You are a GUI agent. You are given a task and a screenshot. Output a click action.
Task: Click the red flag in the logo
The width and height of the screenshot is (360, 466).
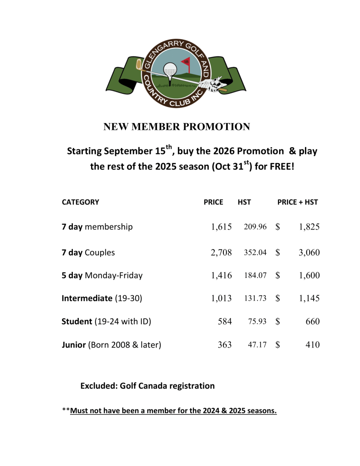[186, 61]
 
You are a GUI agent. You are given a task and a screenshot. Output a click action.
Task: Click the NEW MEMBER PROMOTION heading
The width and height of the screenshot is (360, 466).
[177, 127]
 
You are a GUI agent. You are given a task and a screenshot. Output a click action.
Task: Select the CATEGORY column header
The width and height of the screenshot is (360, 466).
[81, 202]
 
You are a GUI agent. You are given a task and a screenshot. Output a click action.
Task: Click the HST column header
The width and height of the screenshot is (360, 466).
[244, 202]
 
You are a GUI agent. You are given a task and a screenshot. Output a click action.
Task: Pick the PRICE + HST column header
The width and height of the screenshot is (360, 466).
[298, 202]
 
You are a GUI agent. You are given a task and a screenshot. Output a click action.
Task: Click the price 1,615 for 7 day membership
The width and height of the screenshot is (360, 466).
[222, 227]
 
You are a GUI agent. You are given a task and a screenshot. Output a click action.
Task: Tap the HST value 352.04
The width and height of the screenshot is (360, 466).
[255, 252]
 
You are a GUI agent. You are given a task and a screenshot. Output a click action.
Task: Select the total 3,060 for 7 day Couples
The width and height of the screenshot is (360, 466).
[309, 252]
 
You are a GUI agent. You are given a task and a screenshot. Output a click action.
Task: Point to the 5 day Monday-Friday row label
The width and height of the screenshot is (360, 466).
[102, 275]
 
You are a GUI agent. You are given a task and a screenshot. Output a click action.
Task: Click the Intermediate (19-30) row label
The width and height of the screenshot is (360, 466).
[102, 299]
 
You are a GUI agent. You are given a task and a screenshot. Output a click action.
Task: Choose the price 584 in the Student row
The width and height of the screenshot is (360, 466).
[225, 322]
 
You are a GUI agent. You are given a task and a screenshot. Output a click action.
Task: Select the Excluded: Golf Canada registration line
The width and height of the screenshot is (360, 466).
[147, 386]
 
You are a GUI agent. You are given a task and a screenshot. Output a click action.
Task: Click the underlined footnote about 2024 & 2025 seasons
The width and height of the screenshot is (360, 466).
[173, 411]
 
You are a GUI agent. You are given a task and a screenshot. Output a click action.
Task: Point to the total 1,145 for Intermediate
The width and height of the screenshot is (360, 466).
[309, 299]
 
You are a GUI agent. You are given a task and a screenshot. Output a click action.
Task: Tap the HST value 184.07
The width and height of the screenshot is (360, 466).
[255, 275]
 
